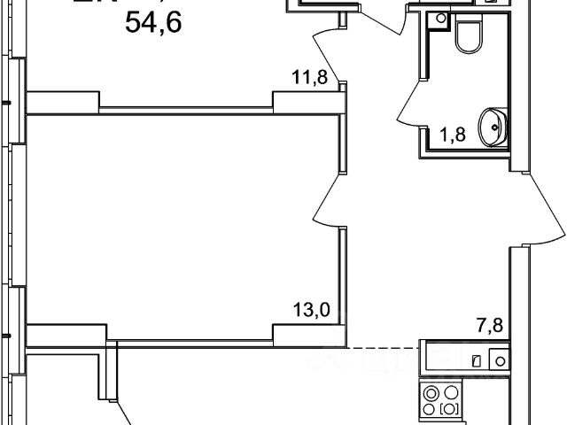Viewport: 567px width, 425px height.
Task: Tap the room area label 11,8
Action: pyautogui.click(x=310, y=77)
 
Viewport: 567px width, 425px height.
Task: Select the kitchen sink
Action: pyautogui.click(x=501, y=359)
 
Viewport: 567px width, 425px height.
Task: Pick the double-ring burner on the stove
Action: pyautogui.click(x=433, y=394)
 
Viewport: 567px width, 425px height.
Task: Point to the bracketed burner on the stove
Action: pyautogui.click(x=449, y=409)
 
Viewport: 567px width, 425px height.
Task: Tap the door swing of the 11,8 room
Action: pyautogui.click(x=324, y=53)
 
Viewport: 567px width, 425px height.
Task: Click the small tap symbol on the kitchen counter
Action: pyautogui.click(x=476, y=360)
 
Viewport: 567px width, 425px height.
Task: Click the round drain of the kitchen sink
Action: pyautogui.click(x=501, y=359)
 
